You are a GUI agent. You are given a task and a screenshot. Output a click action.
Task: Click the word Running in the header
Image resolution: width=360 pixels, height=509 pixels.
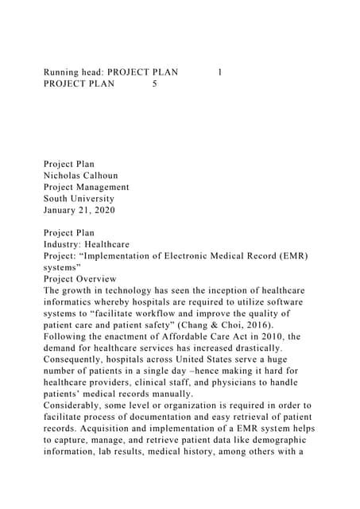pos(63,72)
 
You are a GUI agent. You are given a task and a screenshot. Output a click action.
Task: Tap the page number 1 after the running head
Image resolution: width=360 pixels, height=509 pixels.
pos(219,72)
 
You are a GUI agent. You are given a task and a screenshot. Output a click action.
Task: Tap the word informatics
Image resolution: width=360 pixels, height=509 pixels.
pos(72,302)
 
